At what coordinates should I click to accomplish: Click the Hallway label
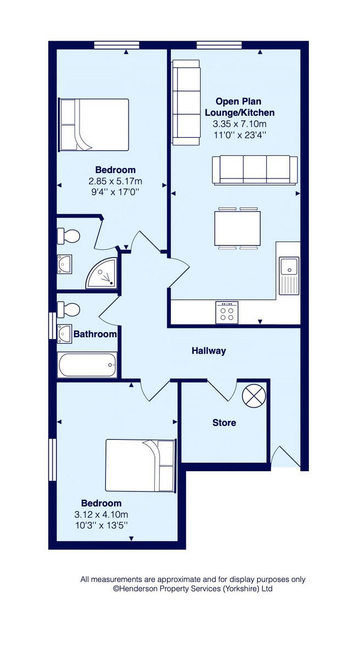point(209,351)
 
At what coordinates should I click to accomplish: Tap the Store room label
point(224,423)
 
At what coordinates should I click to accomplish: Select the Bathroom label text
point(95,334)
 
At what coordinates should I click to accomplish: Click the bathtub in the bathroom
point(87,365)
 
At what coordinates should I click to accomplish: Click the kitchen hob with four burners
point(227,312)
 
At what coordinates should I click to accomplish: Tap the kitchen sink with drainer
point(288,275)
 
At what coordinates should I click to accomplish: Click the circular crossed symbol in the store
point(254,395)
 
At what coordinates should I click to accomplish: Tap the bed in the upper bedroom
point(94,125)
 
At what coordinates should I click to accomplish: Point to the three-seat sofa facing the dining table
point(255,169)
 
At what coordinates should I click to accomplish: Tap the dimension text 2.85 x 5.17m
point(115,181)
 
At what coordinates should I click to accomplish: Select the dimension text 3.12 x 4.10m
point(102,515)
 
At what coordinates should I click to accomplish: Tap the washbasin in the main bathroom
point(65,333)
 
